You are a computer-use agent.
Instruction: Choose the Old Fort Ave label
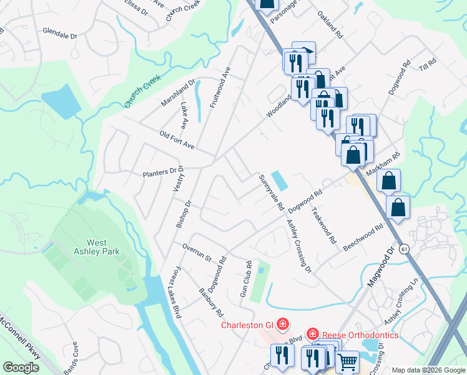[x=177, y=141]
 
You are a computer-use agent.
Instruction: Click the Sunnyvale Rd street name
[x=272, y=192]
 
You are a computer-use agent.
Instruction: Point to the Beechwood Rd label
[x=363, y=239]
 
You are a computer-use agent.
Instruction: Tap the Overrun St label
[x=197, y=251]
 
